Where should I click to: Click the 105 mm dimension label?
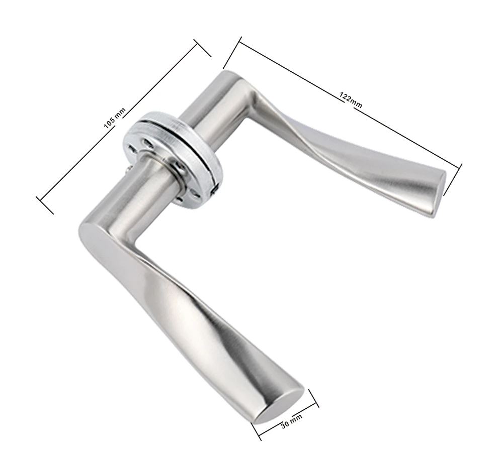[x=115, y=118]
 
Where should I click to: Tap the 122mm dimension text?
[x=351, y=100]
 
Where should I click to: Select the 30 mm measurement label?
[x=291, y=421]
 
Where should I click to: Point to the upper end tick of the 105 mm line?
[x=202, y=48]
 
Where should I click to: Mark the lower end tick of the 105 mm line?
[x=45, y=205]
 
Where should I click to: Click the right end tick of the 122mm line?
[x=453, y=179]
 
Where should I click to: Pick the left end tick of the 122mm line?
[x=232, y=53]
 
